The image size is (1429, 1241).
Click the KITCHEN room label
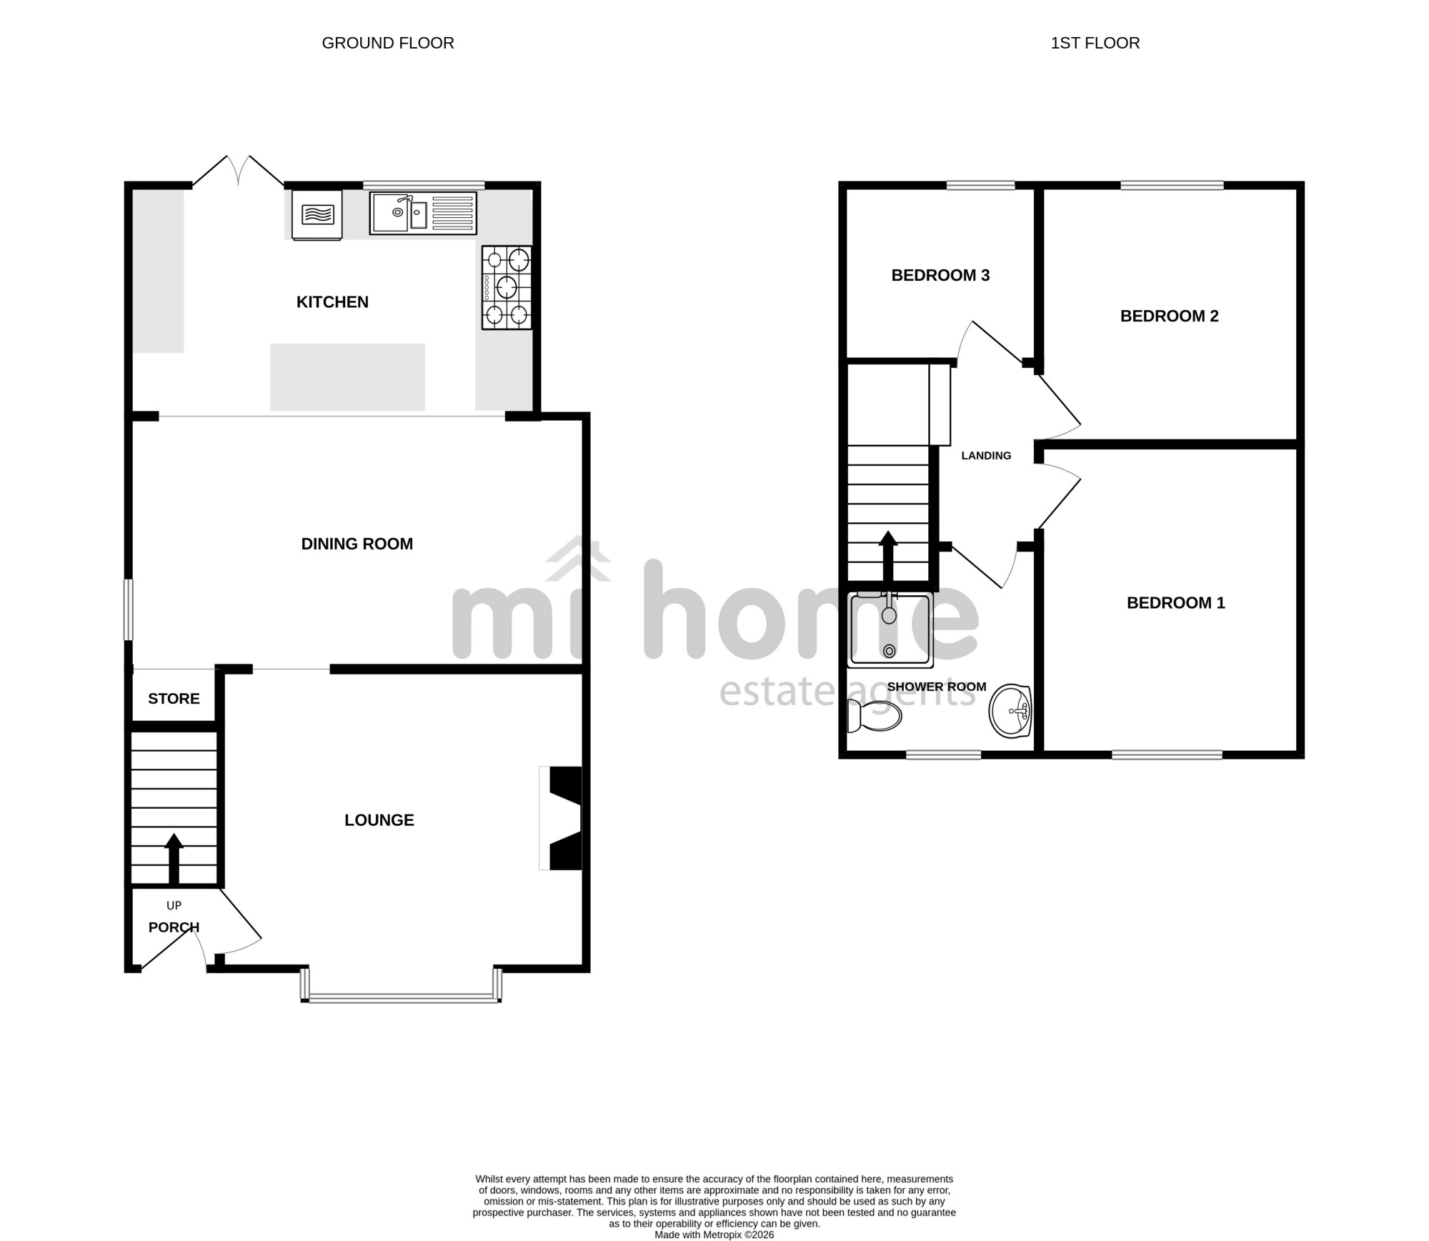pyautogui.click(x=332, y=302)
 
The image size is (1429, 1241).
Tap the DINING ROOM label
pyautogui.click(x=357, y=544)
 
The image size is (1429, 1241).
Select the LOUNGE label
pyautogui.click(x=379, y=820)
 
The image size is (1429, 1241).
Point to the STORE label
pyautogui.click(x=174, y=699)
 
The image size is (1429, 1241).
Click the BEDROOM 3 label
pyautogui.click(x=940, y=276)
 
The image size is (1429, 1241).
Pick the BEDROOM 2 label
pyautogui.click(x=1169, y=317)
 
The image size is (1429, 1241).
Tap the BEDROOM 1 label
pyautogui.click(x=1175, y=603)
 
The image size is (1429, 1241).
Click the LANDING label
pyautogui.click(x=986, y=456)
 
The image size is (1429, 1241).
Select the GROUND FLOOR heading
pyautogui.click(x=388, y=44)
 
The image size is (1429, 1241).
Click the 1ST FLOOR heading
pyautogui.click(x=1095, y=44)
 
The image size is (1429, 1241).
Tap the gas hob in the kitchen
pyautogui.click(x=507, y=287)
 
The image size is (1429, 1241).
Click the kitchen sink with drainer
pyautogui.click(x=423, y=213)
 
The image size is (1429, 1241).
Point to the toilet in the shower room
pyautogui.click(x=874, y=716)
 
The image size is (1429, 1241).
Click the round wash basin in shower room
pyautogui.click(x=1010, y=712)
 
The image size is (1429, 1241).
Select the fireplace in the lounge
pyautogui.click(x=561, y=819)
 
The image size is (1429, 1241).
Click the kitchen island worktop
pyautogui.click(x=348, y=377)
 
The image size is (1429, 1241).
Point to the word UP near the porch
pyautogui.click(x=174, y=906)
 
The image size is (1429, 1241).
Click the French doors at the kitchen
pyautogui.click(x=238, y=171)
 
